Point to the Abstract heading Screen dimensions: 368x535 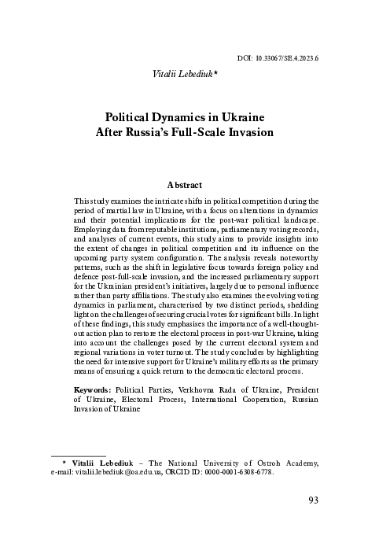point(184,185)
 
